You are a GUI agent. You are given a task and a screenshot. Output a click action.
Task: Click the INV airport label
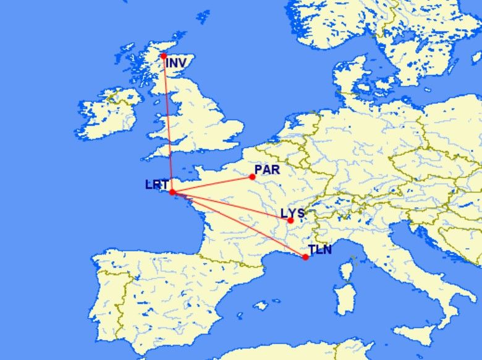point(176,63)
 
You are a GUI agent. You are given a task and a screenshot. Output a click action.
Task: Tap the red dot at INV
point(164,56)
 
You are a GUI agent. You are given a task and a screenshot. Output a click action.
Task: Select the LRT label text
point(156,184)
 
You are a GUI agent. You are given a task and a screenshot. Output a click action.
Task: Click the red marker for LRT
point(172,192)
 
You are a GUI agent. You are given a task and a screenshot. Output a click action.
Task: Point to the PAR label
point(268,169)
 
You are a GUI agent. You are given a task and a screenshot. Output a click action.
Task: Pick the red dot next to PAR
point(252,177)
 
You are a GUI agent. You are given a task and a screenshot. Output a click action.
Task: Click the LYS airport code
point(292,213)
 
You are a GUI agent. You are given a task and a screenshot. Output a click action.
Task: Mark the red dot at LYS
point(290,220)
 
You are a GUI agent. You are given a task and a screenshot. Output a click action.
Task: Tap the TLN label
point(320,250)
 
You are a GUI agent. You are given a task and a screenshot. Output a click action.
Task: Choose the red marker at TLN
point(305,257)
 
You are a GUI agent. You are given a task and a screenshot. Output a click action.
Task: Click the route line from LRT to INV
point(168,124)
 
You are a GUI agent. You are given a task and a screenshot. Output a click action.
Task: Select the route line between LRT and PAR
point(213,184)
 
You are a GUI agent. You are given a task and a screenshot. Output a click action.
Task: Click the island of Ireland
point(108,114)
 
